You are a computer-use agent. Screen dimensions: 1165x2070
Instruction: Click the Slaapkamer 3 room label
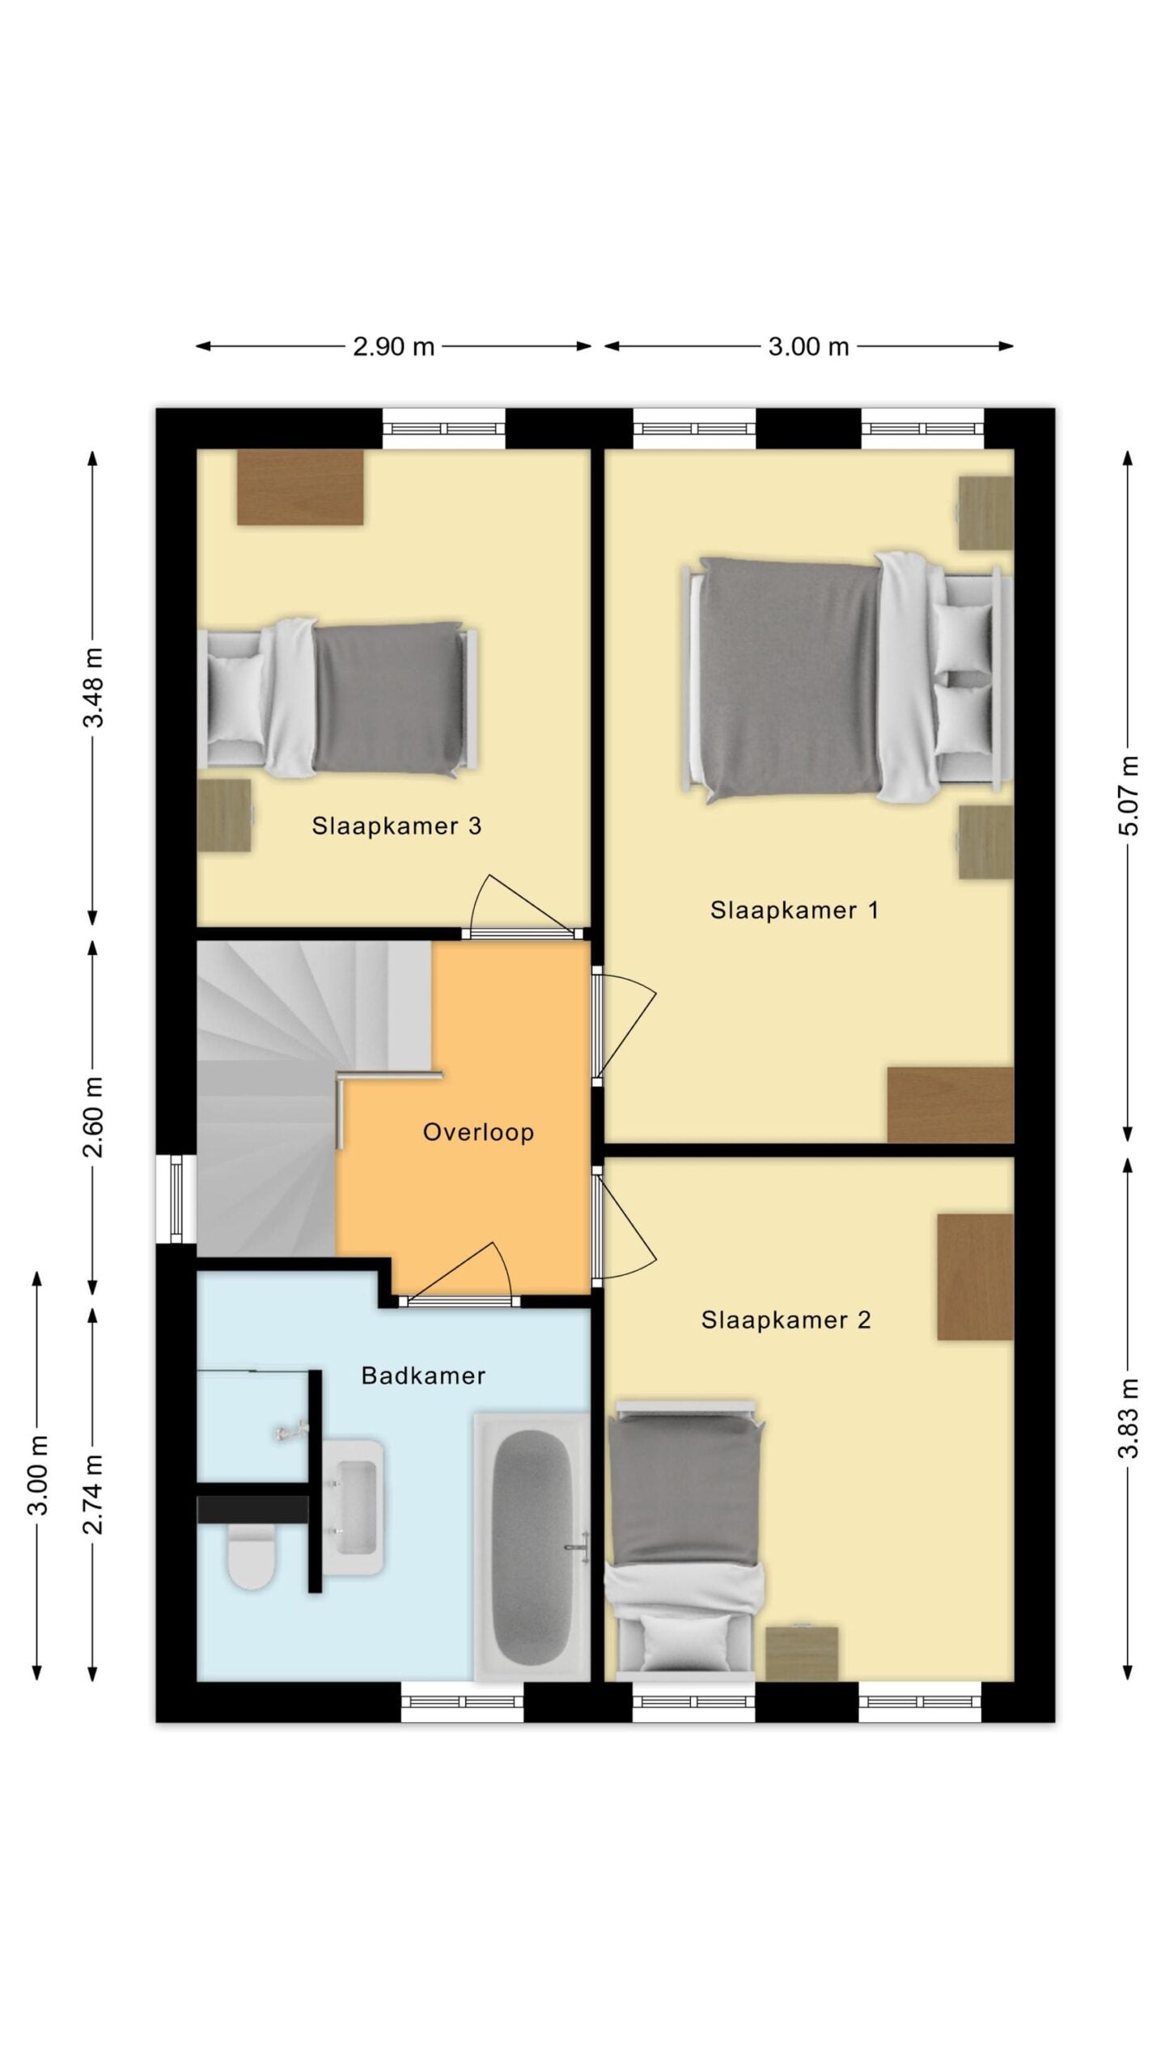point(396,826)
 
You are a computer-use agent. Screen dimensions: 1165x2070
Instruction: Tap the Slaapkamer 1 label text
point(794,910)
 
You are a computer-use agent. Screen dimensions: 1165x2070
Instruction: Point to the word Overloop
point(478,1132)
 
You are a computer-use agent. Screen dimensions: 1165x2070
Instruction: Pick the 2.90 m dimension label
point(393,346)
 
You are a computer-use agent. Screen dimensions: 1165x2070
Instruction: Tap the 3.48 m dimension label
point(94,687)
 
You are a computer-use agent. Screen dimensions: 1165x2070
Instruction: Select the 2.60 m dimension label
point(94,1116)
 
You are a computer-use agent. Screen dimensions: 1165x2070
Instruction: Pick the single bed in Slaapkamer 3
point(338,699)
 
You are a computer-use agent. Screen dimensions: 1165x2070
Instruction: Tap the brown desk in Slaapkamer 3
point(299,487)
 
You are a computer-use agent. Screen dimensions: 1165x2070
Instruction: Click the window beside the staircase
point(176,1198)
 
